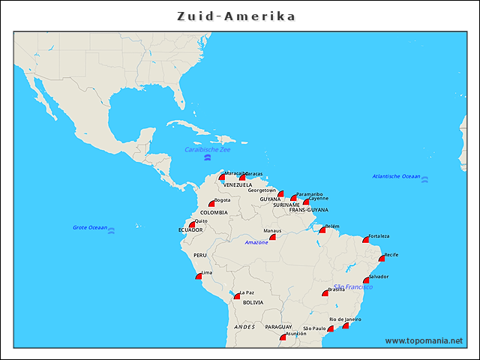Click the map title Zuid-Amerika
click(x=236, y=16)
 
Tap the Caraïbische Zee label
click(x=208, y=150)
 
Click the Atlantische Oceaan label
click(x=396, y=176)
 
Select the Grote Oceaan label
click(x=89, y=227)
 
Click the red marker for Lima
click(x=198, y=276)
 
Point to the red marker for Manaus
click(x=273, y=236)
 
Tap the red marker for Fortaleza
click(x=366, y=239)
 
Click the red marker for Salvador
click(x=366, y=280)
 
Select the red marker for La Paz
click(x=237, y=295)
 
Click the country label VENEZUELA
click(x=238, y=184)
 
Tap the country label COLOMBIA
click(x=214, y=212)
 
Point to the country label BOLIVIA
click(x=253, y=302)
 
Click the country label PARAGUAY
click(x=278, y=327)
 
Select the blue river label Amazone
click(x=256, y=242)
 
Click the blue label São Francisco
click(x=353, y=286)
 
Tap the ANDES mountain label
click(x=244, y=327)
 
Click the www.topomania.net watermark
click(x=424, y=340)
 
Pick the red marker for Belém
click(x=322, y=229)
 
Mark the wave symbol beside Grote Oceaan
click(x=112, y=231)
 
